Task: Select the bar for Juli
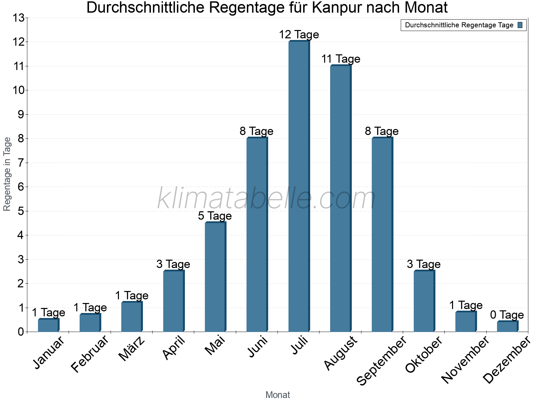[x=299, y=187]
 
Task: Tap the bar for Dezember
[x=507, y=327]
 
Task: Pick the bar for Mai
[x=215, y=277]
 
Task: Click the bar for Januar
[x=48, y=325]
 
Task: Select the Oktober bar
[x=424, y=301]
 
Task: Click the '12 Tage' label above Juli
[x=299, y=35]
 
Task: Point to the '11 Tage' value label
[x=340, y=59]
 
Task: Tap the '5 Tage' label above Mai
[x=215, y=216]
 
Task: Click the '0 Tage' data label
[x=507, y=315]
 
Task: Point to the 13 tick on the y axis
[x=19, y=18]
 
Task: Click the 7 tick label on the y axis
[x=21, y=163]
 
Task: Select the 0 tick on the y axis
[x=21, y=332]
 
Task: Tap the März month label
[x=132, y=349]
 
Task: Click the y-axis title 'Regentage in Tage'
[x=7, y=174]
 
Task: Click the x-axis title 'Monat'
[x=277, y=395]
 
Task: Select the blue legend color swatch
[x=520, y=25]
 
